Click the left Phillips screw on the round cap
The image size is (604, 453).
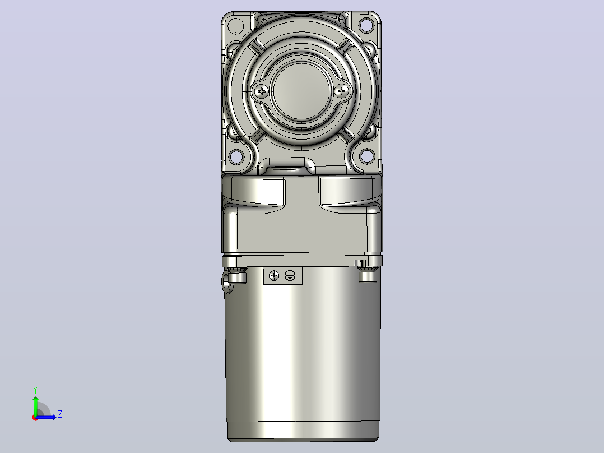coord(262,91)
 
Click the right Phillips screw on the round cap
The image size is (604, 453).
coord(341,91)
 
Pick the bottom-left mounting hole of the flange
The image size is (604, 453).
coord(236,156)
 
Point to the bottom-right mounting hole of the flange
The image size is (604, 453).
coord(366,156)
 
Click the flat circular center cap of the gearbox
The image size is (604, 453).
coord(301,91)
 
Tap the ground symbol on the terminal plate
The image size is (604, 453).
coord(290,276)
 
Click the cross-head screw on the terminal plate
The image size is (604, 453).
coord(274,276)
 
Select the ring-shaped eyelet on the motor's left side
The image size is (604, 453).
coord(227,283)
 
